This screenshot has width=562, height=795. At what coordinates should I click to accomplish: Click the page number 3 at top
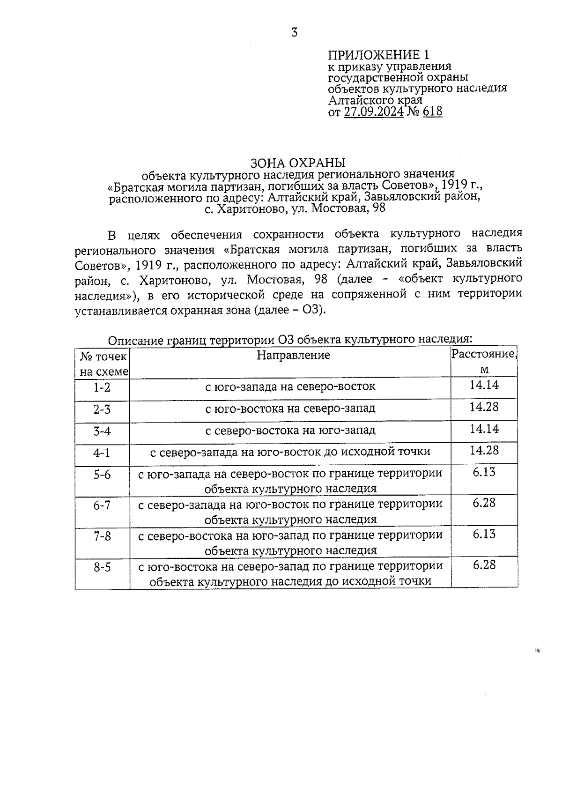(294, 33)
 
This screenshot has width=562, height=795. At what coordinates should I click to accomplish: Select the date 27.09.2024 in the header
(373, 112)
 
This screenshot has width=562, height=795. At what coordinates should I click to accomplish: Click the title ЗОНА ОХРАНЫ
(298, 163)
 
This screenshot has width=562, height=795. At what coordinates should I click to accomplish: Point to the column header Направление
(293, 355)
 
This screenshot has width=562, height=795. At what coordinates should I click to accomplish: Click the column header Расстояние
(484, 354)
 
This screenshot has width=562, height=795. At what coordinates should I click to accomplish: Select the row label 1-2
(102, 387)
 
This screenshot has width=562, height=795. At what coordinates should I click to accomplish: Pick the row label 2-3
(102, 409)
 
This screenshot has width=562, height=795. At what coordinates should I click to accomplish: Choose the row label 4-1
(102, 453)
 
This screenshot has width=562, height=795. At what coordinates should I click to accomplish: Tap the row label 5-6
(102, 475)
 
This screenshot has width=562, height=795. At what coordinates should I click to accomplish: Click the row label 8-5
(102, 567)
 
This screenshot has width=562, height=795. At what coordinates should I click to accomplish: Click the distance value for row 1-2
(484, 385)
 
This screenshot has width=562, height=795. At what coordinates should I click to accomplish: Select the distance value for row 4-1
(484, 451)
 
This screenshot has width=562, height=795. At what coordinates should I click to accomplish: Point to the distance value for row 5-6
(484, 472)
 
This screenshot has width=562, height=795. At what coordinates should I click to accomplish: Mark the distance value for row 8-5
(484, 565)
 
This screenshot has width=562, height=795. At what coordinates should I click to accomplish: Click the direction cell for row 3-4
(290, 430)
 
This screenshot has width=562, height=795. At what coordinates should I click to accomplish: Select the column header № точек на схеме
(103, 364)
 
